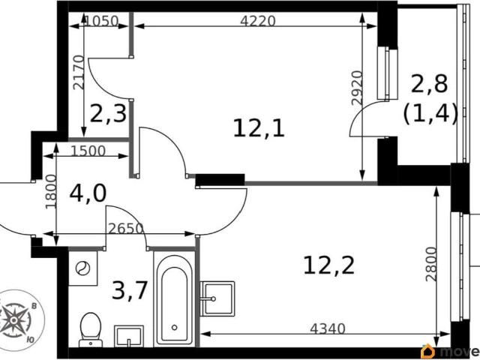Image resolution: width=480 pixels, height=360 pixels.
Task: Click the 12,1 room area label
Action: [x=259, y=128]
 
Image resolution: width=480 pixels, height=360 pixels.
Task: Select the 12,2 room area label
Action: [x=328, y=265]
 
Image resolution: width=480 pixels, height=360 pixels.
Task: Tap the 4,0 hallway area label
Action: [x=88, y=193]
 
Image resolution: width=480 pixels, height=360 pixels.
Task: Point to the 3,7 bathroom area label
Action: [x=130, y=290]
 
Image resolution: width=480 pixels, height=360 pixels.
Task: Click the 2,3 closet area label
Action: [x=108, y=113]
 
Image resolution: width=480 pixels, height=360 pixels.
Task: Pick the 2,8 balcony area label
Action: [x=429, y=84]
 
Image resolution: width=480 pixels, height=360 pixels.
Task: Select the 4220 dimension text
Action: [x=258, y=21]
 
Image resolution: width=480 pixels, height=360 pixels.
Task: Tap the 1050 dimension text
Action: [x=101, y=21]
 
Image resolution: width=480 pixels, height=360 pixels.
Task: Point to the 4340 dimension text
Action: [x=328, y=329]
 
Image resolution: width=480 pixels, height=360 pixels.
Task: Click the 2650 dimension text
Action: [x=126, y=228]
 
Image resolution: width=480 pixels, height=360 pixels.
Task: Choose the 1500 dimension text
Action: [x=88, y=151]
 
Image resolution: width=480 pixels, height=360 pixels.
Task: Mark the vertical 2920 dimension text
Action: [x=357, y=88]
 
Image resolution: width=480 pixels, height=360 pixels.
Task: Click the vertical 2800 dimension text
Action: [x=430, y=264]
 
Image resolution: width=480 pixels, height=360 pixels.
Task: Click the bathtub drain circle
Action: [x=175, y=328]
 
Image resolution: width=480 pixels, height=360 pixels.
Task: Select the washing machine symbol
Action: [x=82, y=268]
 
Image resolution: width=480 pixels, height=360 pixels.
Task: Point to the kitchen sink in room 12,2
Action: [x=217, y=299]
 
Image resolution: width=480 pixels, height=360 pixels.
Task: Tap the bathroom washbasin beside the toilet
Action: [x=129, y=336]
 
